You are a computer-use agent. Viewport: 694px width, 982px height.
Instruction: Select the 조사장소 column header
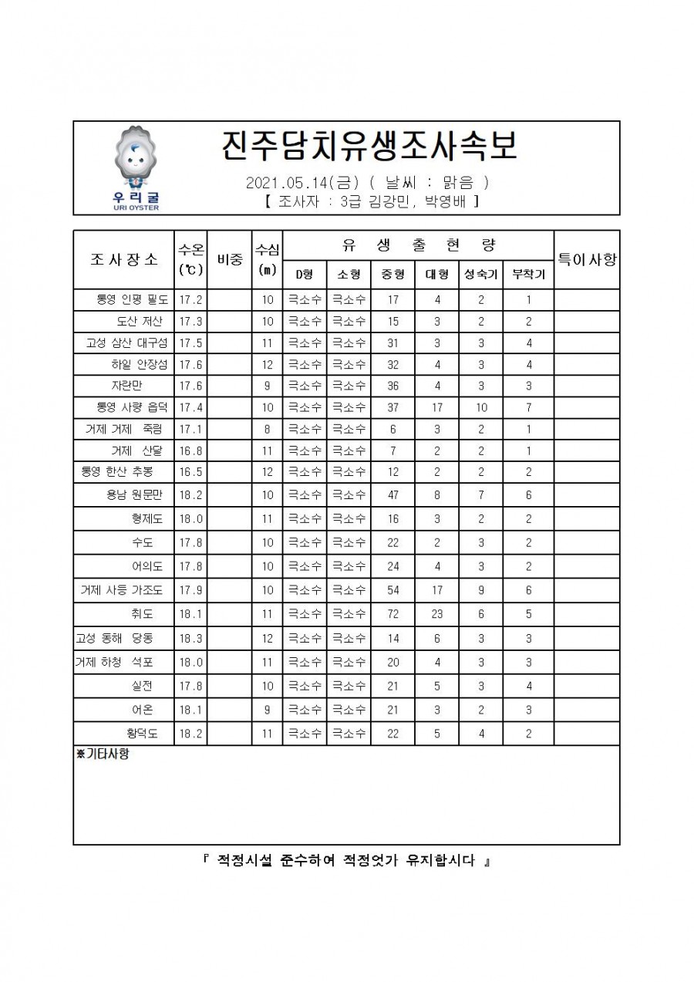point(124,259)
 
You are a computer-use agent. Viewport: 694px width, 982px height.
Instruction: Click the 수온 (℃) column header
point(190,259)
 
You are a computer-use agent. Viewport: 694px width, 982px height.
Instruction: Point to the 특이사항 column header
point(587,259)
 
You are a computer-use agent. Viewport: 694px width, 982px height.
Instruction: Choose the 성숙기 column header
point(480,274)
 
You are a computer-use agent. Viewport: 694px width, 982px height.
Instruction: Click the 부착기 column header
point(528,274)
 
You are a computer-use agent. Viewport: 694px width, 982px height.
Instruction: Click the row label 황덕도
point(142,734)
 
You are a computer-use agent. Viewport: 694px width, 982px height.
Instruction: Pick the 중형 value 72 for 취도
point(392,614)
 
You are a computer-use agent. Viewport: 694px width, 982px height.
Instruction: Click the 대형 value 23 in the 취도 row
point(436,614)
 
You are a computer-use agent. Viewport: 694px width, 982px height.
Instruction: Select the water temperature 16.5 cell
point(190,471)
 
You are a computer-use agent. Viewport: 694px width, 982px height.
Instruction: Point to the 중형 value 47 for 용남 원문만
point(392,495)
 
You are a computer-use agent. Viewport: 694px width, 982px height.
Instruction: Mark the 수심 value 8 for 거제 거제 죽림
point(267,429)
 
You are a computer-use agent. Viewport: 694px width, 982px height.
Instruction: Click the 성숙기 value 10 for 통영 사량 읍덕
point(480,407)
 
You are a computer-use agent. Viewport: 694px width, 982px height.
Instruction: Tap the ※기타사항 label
point(103,754)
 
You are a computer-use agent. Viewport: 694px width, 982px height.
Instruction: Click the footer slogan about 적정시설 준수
point(346,861)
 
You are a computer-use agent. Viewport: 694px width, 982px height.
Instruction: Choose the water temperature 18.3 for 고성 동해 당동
point(190,638)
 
